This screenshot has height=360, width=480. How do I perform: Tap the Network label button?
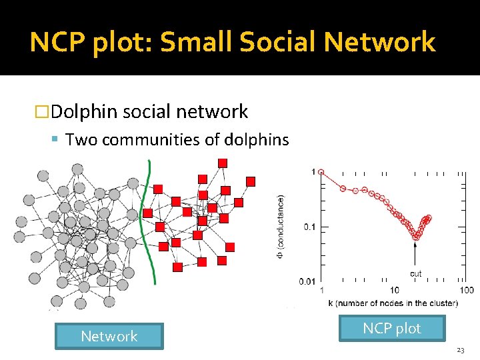tap(109, 336)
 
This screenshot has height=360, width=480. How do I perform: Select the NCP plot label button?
tap(391, 328)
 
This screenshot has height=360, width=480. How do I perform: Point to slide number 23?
tap(461, 350)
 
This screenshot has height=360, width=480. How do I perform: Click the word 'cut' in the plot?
tap(415, 273)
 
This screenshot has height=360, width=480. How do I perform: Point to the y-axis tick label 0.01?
tap(307, 282)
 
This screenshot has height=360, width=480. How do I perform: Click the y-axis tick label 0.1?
tap(310, 227)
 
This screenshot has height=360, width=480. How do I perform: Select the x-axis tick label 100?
tap(467, 290)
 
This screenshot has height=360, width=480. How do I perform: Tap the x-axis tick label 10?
tap(395, 290)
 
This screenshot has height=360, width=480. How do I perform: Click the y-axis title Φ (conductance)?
tap(281, 227)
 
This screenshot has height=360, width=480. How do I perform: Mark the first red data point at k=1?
tap(321, 171)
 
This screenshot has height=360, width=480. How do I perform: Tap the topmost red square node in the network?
tap(222, 163)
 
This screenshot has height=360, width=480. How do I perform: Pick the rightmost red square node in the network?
tap(251, 181)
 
